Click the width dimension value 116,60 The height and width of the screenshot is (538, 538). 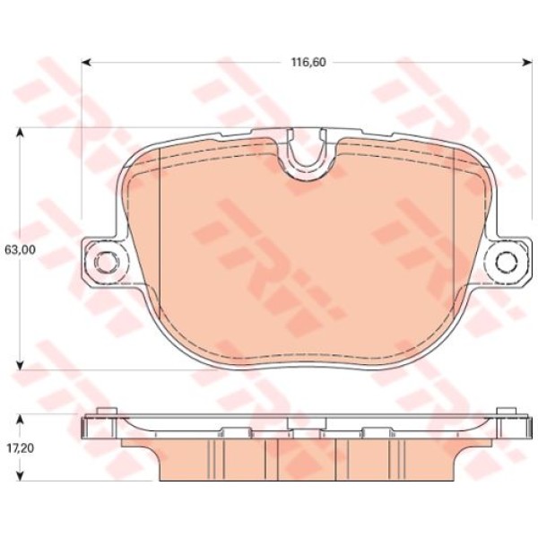pyautogui.click(x=307, y=63)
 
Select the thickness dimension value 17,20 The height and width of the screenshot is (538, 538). pyautogui.click(x=20, y=446)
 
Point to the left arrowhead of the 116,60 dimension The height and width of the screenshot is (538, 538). pyautogui.click(x=87, y=63)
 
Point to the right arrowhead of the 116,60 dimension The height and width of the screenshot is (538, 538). pyautogui.click(x=525, y=63)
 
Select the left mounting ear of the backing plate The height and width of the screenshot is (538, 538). pyautogui.click(x=100, y=262)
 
